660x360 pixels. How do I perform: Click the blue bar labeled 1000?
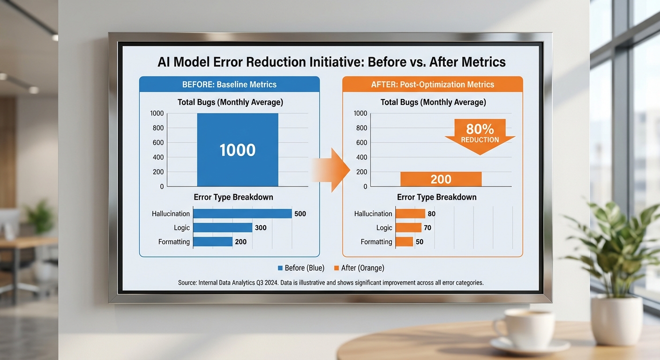point(238,150)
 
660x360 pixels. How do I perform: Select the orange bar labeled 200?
point(441,179)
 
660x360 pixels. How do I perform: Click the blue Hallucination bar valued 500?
point(242,214)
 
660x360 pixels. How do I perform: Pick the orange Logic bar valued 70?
point(408,228)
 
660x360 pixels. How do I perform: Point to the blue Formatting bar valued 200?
point(213,241)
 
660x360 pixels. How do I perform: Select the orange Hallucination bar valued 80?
point(411,214)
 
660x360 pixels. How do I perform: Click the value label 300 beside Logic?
point(261,228)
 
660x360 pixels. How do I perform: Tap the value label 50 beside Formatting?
point(420,242)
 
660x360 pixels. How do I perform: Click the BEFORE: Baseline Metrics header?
point(229,84)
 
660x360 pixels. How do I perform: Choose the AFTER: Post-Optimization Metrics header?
point(433,84)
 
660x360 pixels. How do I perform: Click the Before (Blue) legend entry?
point(301,268)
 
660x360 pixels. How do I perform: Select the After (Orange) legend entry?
point(359,268)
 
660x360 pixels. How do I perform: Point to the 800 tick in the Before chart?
point(158,128)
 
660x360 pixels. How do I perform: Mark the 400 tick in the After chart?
point(361,157)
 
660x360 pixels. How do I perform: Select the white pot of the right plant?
point(617,321)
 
